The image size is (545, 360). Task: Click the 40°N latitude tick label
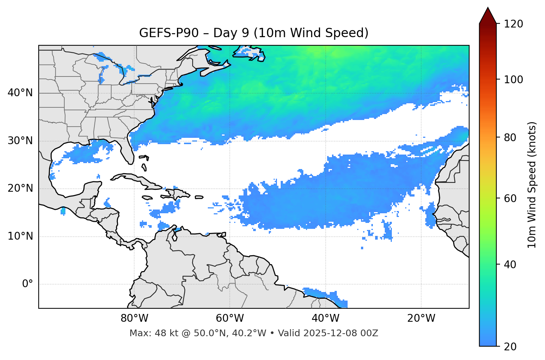pyautogui.click(x=20, y=93)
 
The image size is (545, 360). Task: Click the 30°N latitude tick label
pyautogui.click(x=20, y=141)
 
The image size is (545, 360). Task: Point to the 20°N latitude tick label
pyautogui.click(x=20, y=189)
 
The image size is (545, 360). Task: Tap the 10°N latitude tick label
pyautogui.click(x=20, y=236)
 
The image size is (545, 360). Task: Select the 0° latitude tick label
pyautogui.click(x=28, y=284)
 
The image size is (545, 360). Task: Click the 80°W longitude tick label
pyautogui.click(x=135, y=318)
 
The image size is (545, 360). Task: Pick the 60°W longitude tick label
pyautogui.click(x=230, y=318)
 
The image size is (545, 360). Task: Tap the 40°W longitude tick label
pyautogui.click(x=326, y=318)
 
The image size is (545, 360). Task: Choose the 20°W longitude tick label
pyautogui.click(x=421, y=318)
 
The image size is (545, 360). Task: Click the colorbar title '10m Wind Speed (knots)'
pyautogui.click(x=532, y=185)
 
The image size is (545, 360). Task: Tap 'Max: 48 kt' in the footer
pyautogui.click(x=148, y=333)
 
